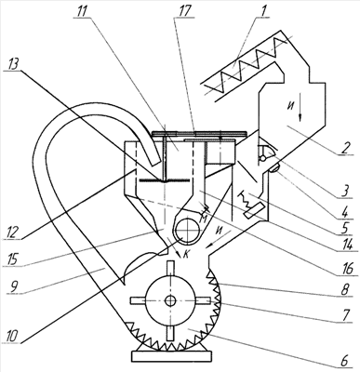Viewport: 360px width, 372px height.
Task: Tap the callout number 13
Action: pos(12,64)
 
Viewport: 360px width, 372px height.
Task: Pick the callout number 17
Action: pos(183,11)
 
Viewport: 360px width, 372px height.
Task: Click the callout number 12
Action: pos(12,232)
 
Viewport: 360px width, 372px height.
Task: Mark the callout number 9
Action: pos(12,286)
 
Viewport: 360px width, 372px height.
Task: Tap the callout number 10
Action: pos(12,337)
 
